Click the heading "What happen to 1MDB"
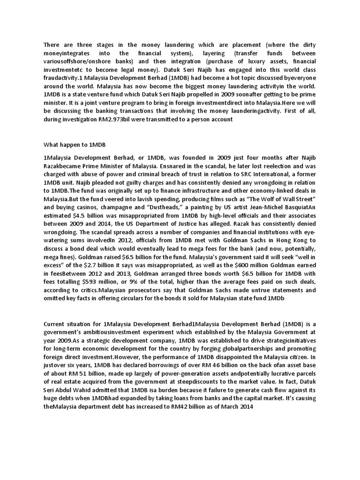point(70,145)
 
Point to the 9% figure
point(142,281)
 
